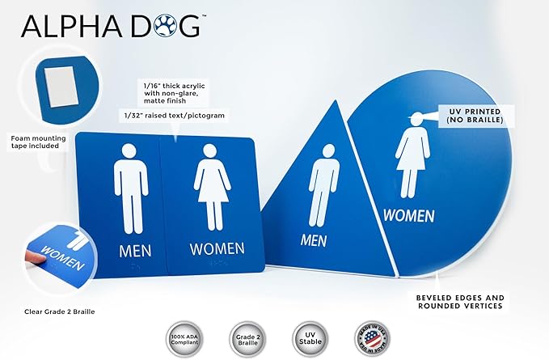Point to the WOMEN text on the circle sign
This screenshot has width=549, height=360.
point(408,215)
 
